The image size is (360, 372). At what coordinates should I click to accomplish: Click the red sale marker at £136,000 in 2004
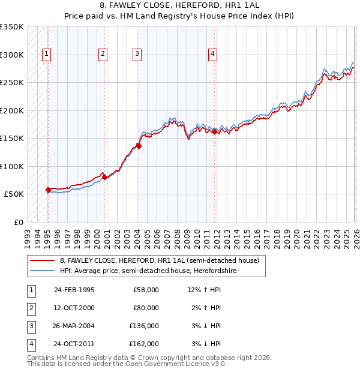pos(139,145)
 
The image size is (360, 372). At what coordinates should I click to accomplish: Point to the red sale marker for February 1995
pos(48,190)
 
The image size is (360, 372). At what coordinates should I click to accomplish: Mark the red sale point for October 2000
pos(104,177)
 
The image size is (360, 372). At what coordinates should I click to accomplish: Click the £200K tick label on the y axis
pos(12,110)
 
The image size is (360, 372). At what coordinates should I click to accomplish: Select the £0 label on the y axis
pos(18,222)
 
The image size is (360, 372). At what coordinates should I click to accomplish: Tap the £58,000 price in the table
pos(146,290)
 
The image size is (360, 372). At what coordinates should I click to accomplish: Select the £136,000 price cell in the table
pos(144,326)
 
